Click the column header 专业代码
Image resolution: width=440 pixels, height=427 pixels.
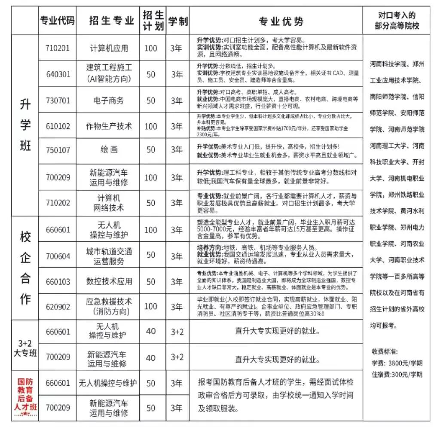57,21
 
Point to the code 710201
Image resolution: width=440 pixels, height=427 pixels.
57,48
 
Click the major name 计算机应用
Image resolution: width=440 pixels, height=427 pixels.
109,48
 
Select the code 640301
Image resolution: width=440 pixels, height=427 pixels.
57,74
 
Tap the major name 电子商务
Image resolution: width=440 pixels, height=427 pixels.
109,101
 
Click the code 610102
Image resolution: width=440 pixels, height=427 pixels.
57,126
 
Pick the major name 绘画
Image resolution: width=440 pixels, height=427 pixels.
109,150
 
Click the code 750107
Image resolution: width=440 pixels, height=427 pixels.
57,150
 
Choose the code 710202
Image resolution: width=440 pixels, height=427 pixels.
57,203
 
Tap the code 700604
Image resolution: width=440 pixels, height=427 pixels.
57,256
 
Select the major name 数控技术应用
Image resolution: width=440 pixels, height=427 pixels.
109,282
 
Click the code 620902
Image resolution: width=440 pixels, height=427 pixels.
57,307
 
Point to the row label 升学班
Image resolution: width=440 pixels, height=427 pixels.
25,125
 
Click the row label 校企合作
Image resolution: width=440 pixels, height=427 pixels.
25,268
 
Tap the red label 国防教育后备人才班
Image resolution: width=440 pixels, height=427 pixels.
25,394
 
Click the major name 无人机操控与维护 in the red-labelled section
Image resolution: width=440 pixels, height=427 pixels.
109,383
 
